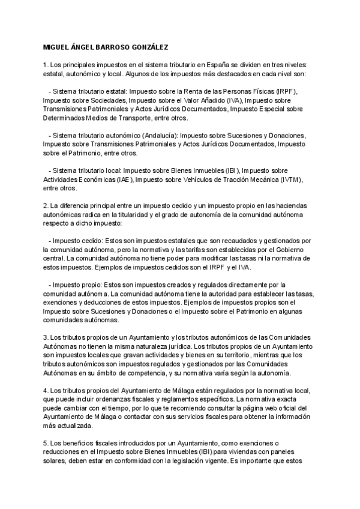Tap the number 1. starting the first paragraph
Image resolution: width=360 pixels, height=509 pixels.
pos(46,64)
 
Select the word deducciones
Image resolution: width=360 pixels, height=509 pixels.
pos(94,302)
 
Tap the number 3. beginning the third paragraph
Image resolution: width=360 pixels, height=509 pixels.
pos(46,337)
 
